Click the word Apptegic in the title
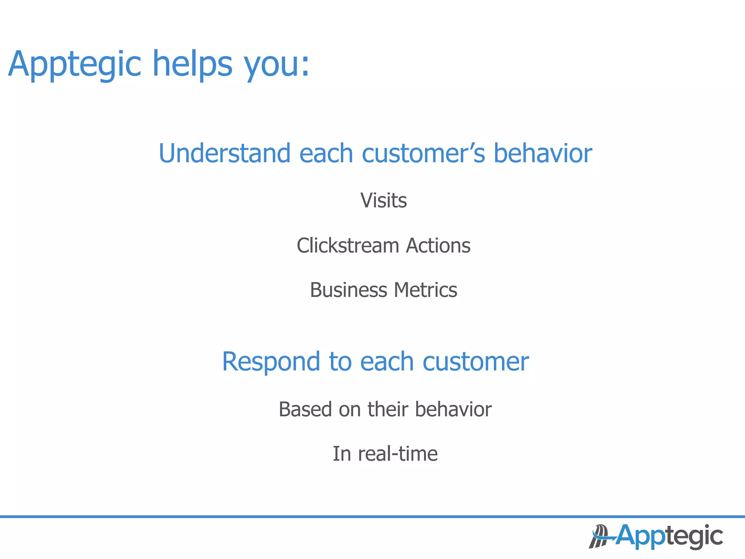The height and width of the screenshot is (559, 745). [75, 65]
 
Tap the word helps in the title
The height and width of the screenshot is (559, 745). [192, 65]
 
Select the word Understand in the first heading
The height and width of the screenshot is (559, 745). [224, 153]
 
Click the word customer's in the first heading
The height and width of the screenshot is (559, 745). [423, 153]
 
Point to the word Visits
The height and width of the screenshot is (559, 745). [383, 201]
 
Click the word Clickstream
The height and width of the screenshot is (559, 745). [347, 246]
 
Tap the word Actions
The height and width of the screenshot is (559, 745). [438, 246]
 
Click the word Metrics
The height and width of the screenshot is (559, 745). [425, 290]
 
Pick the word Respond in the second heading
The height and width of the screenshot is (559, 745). [271, 362]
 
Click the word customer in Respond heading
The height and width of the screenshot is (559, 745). [475, 362]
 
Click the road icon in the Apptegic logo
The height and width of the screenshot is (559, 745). [598, 536]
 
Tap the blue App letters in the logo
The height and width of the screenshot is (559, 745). [640, 536]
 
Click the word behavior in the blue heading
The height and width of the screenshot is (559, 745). [542, 153]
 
